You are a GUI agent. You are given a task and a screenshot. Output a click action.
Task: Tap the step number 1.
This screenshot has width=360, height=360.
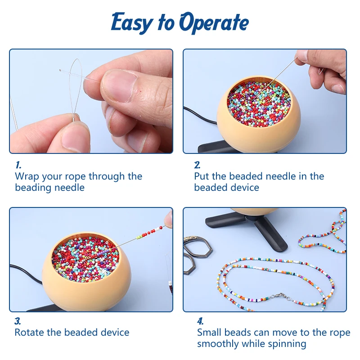(x=18, y=165)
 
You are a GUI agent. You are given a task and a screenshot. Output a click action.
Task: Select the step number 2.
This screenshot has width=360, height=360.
(x=197, y=165)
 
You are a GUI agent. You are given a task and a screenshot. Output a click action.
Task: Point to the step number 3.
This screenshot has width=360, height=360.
(x=18, y=321)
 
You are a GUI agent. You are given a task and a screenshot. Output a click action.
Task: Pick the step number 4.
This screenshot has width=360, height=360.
(x=200, y=321)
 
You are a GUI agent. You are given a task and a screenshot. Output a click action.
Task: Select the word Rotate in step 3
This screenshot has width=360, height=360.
(x=29, y=333)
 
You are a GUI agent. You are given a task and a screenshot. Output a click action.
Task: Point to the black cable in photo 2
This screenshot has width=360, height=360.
(x=200, y=116)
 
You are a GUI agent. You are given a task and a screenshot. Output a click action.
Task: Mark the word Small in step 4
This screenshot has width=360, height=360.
(x=209, y=333)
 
